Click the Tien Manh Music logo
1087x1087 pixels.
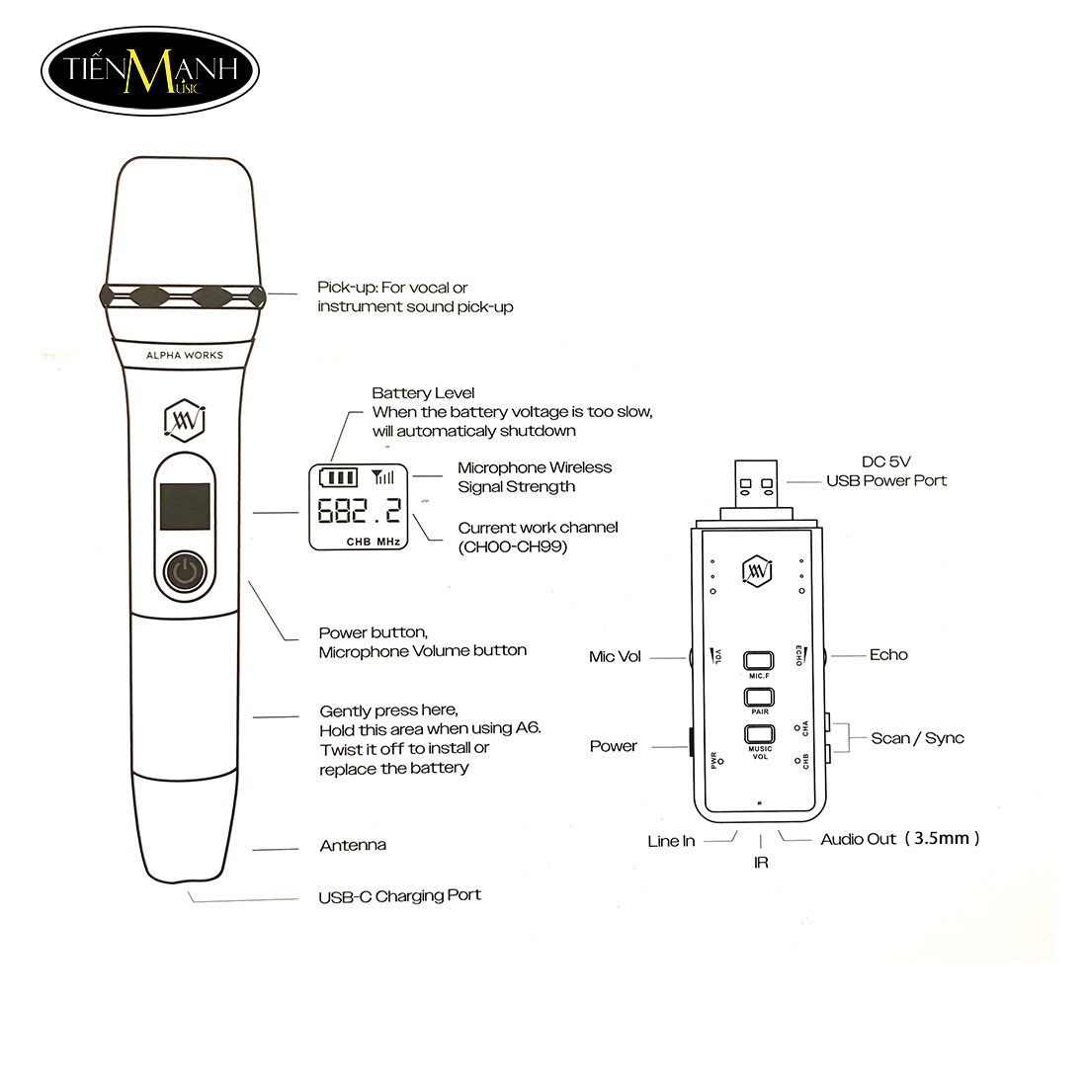point(150,71)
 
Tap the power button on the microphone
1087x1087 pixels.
point(185,572)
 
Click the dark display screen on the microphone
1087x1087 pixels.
point(185,506)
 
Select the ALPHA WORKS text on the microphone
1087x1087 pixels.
point(185,355)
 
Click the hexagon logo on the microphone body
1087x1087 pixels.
point(184,419)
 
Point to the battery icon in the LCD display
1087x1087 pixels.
point(338,477)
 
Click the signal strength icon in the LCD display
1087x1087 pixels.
point(382,477)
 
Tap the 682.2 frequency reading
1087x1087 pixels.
point(359,511)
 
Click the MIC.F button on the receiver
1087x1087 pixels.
point(758,661)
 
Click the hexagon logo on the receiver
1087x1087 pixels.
point(757,571)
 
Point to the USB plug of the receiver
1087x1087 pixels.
point(756,484)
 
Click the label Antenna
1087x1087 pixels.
point(353,845)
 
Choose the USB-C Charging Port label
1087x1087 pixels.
point(400,895)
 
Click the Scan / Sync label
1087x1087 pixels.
point(917,738)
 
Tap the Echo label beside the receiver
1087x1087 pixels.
point(888,655)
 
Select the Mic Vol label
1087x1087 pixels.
point(615,656)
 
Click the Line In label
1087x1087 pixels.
point(671,841)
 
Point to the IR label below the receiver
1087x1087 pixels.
point(761,863)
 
